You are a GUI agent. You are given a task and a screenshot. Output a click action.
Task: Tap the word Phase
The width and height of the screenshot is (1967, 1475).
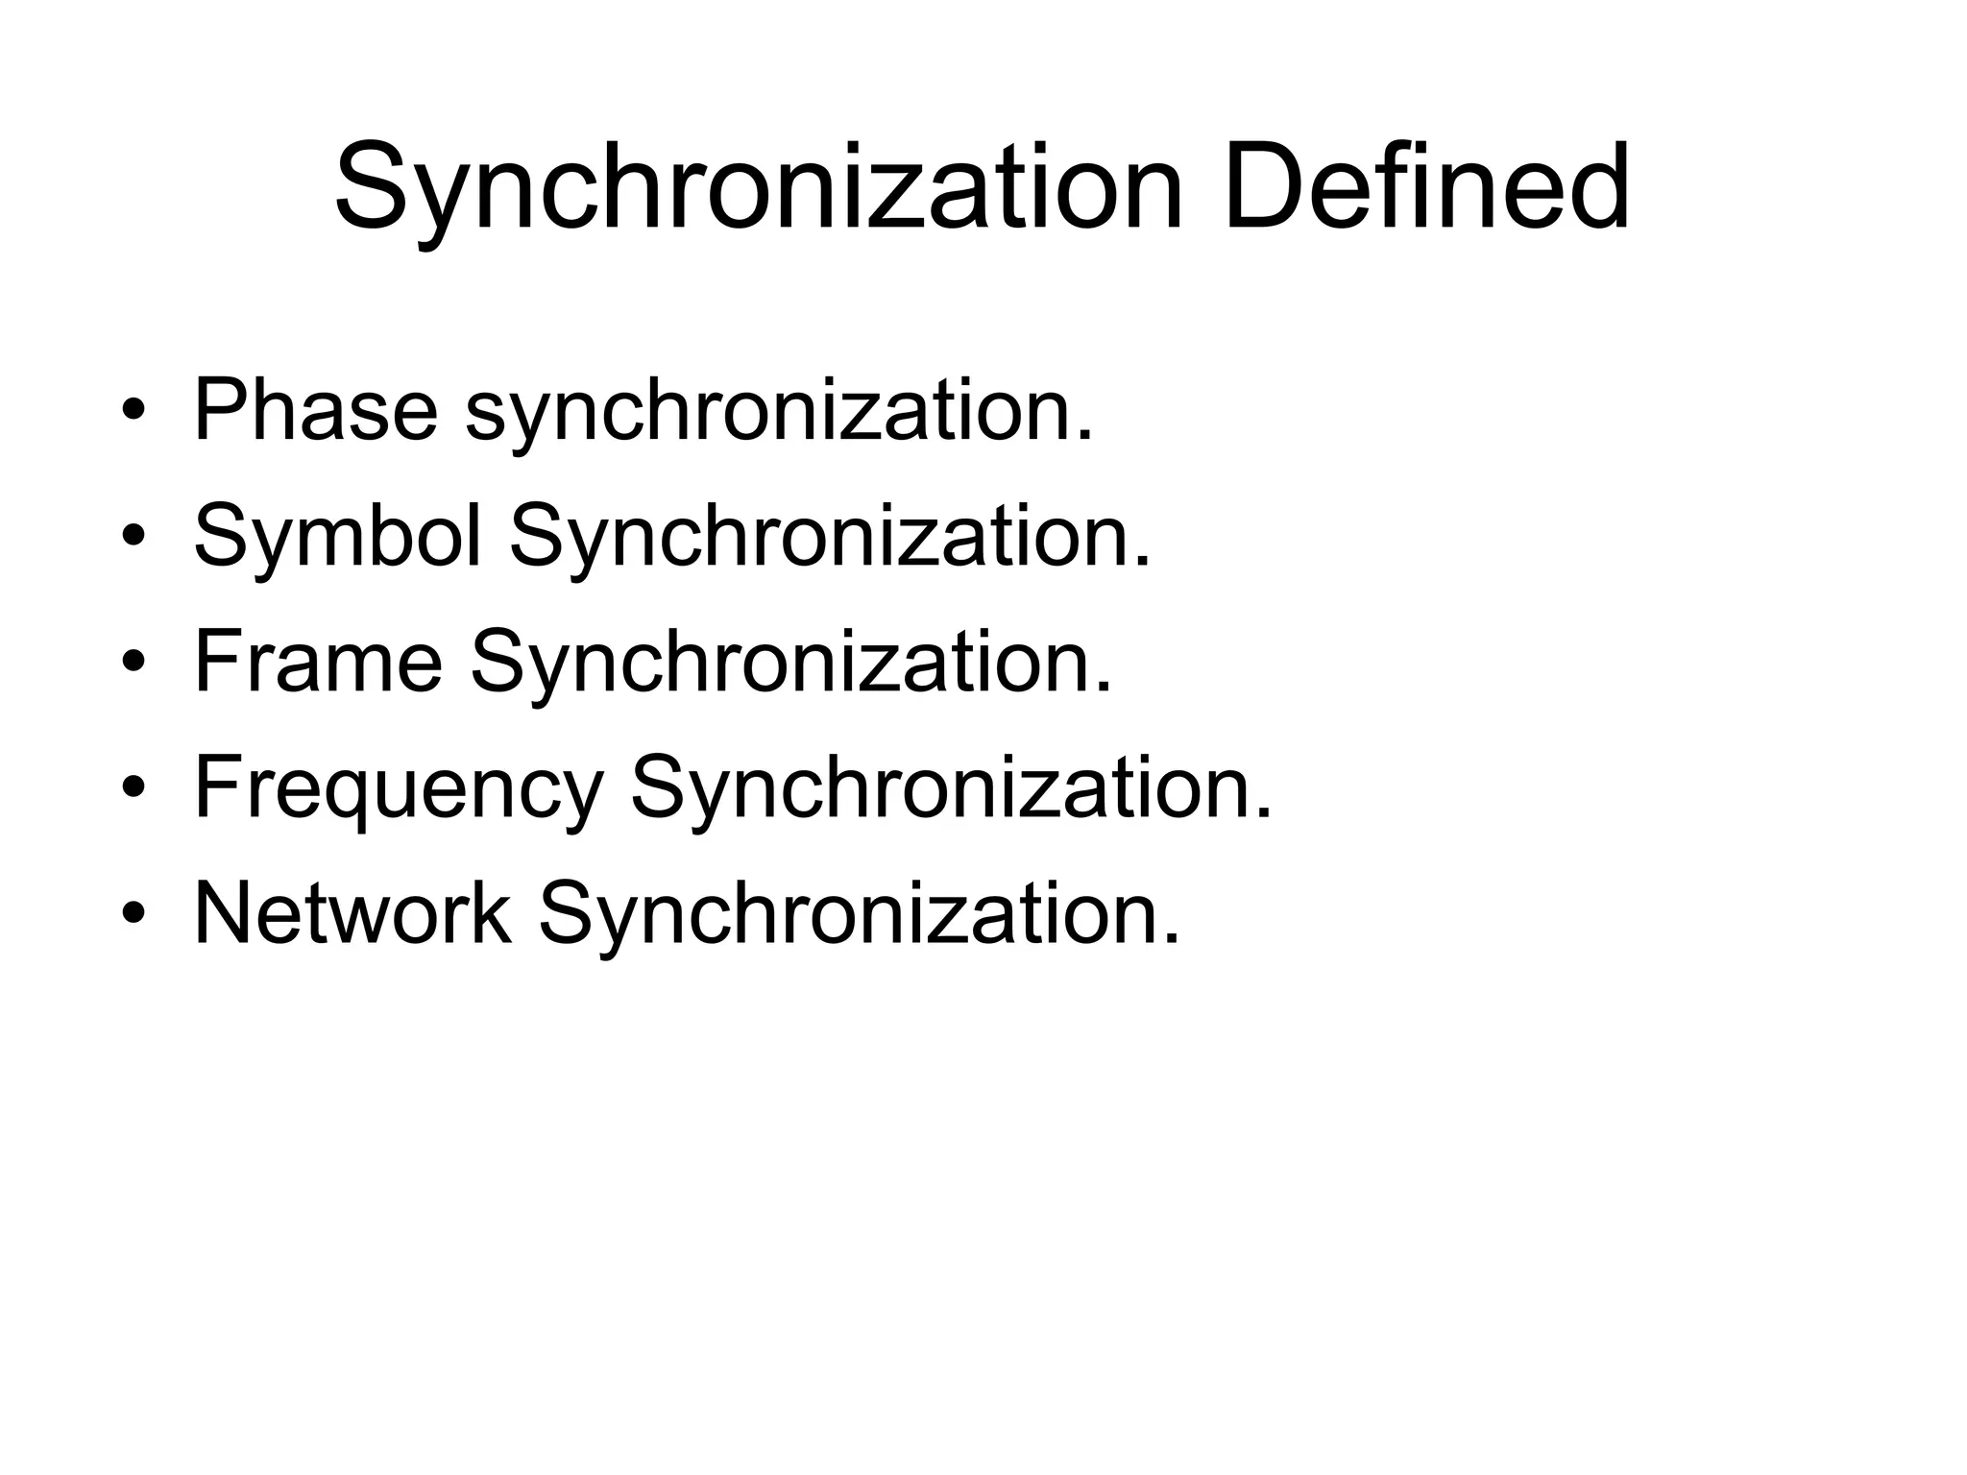point(316,411)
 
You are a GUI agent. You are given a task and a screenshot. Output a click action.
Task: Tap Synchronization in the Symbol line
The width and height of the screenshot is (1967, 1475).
point(828,536)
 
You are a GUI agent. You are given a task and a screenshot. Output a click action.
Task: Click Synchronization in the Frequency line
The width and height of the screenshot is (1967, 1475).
point(950,787)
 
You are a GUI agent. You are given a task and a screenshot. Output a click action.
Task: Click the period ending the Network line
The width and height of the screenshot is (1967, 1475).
point(1170,939)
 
